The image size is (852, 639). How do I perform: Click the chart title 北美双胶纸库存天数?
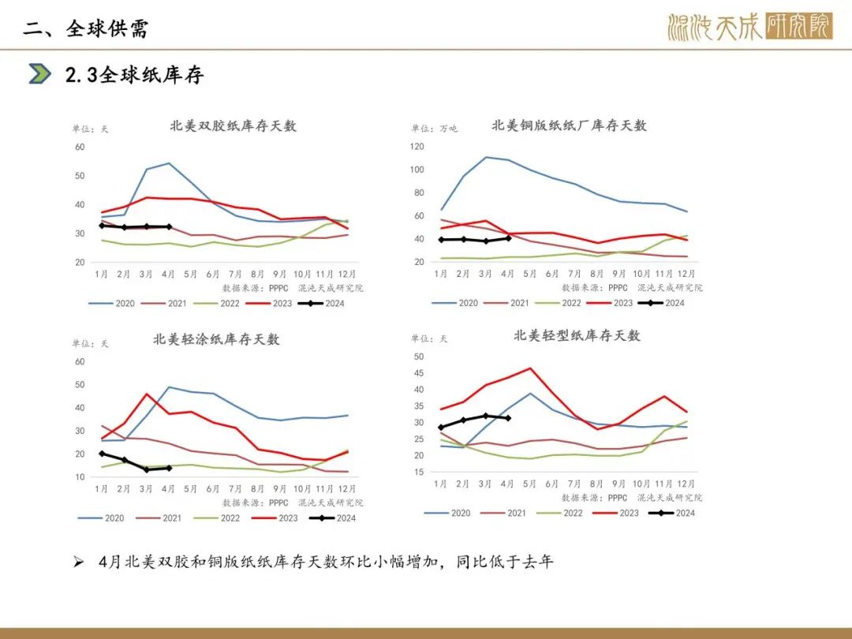pos(233,125)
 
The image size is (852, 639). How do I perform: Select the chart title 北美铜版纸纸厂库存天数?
pos(569,125)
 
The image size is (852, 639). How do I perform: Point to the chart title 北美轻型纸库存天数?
pos(577,335)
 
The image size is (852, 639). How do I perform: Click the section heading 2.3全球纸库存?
pos(134,75)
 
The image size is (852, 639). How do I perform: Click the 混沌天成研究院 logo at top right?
pos(749,28)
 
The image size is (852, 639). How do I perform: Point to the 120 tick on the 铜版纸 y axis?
pos(417,147)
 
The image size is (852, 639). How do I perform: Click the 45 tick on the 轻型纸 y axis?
pos(419,373)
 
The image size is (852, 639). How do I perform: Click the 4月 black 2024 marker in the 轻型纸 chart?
pos(508,418)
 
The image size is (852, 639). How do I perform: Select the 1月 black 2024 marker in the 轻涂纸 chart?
pos(102,454)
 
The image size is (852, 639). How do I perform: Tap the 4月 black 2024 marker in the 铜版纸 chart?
pos(508,237)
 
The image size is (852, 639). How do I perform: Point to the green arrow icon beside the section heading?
pos(39,74)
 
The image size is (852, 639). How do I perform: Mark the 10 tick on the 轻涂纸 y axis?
pos(80,477)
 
